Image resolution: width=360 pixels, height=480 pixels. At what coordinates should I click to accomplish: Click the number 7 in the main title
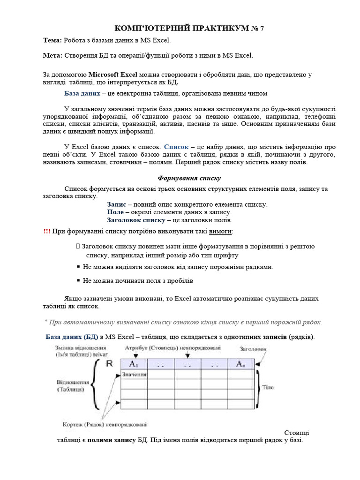[262, 29]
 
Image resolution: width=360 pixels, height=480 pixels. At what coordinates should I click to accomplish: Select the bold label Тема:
[52, 41]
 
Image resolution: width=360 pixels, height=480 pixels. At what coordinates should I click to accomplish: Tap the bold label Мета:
[52, 55]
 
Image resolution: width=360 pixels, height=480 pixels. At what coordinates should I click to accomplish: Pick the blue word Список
[176, 147]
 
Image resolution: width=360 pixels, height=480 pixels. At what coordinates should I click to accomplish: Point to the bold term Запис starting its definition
[116, 204]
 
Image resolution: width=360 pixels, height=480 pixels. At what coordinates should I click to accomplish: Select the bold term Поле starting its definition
[115, 212]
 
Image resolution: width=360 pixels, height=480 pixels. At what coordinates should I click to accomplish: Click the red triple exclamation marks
[47, 232]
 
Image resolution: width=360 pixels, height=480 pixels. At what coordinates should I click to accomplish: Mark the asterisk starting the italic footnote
[46, 322]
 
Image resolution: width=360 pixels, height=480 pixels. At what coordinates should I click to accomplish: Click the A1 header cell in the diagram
[135, 364]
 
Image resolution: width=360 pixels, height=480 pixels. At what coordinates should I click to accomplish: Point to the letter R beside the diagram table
[109, 363]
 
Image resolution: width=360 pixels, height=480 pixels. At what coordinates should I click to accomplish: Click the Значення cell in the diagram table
[135, 374]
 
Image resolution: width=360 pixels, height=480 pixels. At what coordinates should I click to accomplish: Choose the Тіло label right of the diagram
[268, 387]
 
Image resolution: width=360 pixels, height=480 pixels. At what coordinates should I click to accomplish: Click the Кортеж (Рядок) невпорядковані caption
[105, 425]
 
